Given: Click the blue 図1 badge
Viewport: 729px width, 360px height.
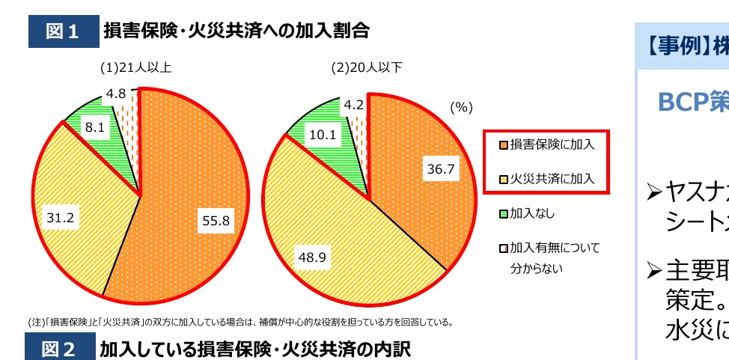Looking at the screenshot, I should [62, 32].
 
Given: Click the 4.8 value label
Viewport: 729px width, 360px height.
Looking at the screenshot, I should [116, 94].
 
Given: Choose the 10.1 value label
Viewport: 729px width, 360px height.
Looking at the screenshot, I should [323, 136].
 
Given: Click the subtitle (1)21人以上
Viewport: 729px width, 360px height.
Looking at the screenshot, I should [137, 67].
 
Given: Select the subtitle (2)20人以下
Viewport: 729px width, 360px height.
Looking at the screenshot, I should [367, 67].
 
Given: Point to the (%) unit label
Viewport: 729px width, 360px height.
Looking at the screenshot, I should [462, 107].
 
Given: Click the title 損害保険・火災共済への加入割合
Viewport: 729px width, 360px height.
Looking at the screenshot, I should [237, 31].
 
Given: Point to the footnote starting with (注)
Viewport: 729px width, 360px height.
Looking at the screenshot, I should [240, 323].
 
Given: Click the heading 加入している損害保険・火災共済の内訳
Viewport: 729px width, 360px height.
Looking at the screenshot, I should [255, 349].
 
